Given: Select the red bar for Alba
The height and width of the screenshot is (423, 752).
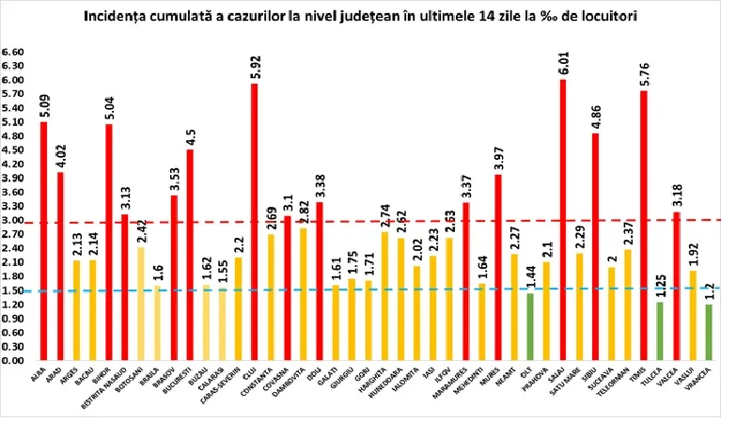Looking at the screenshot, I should click(43, 241).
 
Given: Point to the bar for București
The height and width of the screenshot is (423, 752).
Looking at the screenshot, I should click(190, 254).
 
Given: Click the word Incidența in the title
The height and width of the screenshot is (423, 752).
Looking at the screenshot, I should click(117, 17).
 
